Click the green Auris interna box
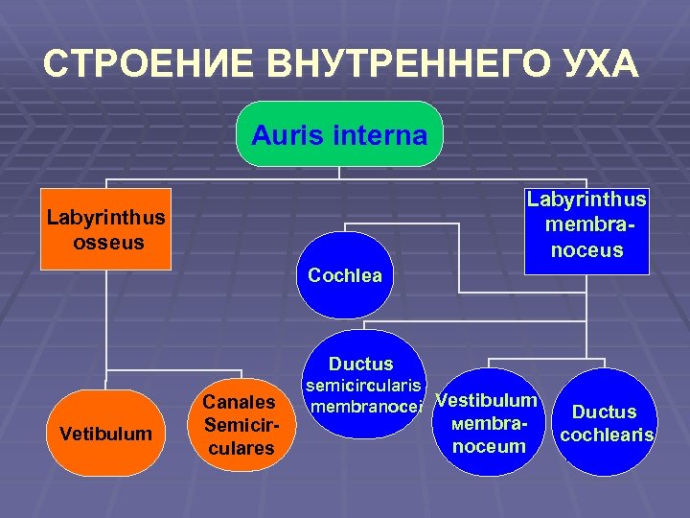tap(339, 134)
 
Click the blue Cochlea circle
tap(344, 275)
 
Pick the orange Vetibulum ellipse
tap(105, 434)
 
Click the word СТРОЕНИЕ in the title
tap(149, 64)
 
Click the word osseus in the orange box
tap(108, 243)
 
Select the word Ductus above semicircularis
tap(360, 365)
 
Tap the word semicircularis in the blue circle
tap(363, 386)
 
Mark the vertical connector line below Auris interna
tap(339, 172)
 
